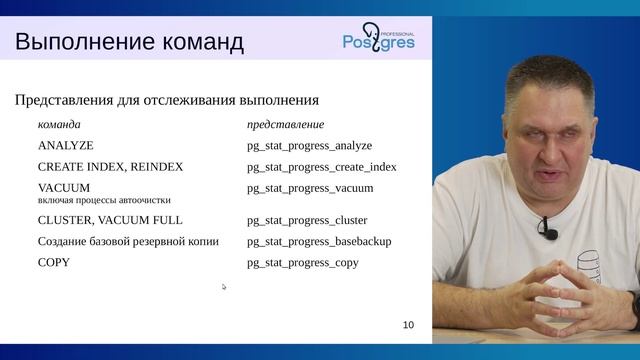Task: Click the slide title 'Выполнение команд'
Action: click(x=129, y=42)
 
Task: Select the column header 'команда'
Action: click(x=59, y=125)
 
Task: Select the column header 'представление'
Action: click(x=285, y=125)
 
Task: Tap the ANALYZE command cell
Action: click(x=65, y=146)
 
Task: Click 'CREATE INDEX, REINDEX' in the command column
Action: click(x=110, y=167)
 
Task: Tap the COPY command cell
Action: click(x=54, y=262)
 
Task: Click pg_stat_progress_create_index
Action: click(x=321, y=167)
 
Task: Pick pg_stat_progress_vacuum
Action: click(x=310, y=188)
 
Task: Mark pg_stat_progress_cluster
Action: click(x=307, y=220)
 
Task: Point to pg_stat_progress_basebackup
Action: click(x=319, y=241)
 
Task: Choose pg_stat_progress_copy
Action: click(x=302, y=262)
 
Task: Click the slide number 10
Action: click(x=407, y=325)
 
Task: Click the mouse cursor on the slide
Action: click(x=224, y=287)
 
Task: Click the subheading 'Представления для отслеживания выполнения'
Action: click(x=167, y=100)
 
